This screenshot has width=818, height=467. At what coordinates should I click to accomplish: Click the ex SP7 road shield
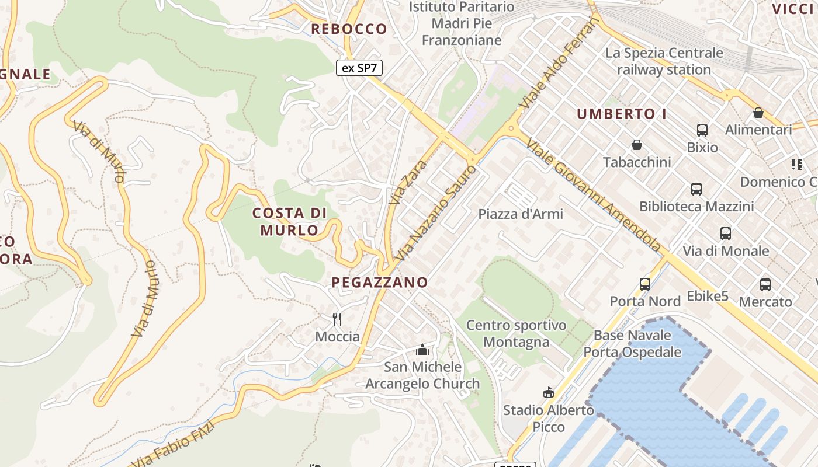click(x=359, y=68)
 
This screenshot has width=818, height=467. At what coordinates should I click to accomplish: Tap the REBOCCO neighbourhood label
click(x=349, y=29)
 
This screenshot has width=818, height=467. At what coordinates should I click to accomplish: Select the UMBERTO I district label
click(x=622, y=114)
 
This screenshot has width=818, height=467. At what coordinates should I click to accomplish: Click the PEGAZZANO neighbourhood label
click(x=380, y=283)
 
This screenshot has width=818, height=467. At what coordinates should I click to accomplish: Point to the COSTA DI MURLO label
click(x=290, y=221)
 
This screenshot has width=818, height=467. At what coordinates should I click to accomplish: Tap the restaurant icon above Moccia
click(x=337, y=319)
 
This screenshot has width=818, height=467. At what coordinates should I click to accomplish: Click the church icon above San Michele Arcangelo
click(x=422, y=350)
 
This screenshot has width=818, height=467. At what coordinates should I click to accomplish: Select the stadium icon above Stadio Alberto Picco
click(x=549, y=392)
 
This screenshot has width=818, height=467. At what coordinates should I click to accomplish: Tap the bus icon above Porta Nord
click(x=645, y=284)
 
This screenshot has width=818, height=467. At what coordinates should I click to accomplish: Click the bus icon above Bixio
click(x=702, y=130)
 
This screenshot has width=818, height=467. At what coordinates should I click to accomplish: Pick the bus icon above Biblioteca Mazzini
click(x=696, y=189)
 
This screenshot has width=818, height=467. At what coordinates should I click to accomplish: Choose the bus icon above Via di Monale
click(x=726, y=233)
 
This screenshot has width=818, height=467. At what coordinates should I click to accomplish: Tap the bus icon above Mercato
click(x=765, y=285)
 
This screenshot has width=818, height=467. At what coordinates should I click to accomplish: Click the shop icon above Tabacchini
click(x=637, y=145)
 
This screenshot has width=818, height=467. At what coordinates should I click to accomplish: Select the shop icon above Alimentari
click(x=758, y=113)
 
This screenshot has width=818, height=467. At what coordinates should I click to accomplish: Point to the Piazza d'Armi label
click(x=521, y=214)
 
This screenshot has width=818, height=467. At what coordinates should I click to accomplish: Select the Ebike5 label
click(x=708, y=297)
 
